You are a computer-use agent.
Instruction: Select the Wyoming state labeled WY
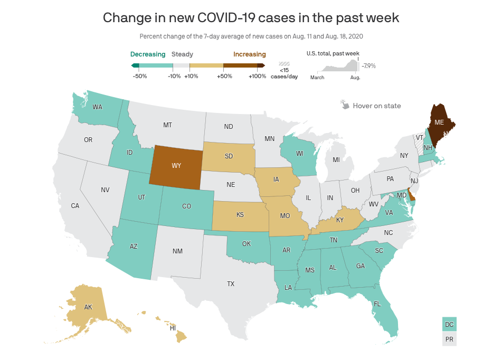[176, 166]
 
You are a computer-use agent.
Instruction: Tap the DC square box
[449, 324]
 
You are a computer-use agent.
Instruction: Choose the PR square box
[449, 339]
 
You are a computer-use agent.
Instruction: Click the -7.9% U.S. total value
[368, 66]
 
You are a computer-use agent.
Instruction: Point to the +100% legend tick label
[257, 77]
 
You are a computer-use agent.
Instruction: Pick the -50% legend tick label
[140, 77]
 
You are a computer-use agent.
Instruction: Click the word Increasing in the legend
[250, 54]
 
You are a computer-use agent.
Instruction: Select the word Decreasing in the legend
[148, 54]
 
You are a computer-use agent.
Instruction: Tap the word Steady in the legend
[182, 54]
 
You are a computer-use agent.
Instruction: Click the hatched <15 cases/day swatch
[285, 64]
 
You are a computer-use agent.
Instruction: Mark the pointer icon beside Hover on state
[345, 105]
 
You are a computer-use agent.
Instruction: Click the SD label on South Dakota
[229, 156]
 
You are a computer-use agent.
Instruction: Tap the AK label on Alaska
[88, 307]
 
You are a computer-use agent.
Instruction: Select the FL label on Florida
[377, 304]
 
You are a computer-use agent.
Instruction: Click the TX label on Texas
[231, 284]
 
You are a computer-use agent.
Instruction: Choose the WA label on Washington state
[98, 107]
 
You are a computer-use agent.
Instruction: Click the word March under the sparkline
[317, 78]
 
